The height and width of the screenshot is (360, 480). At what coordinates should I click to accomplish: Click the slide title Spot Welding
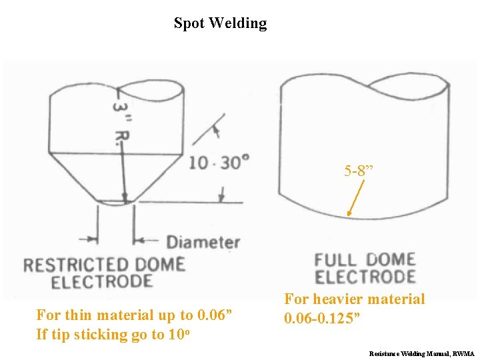(x=220, y=23)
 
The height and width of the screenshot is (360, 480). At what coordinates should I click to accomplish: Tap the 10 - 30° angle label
(x=219, y=162)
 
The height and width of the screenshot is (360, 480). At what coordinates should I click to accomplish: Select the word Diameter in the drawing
(x=203, y=241)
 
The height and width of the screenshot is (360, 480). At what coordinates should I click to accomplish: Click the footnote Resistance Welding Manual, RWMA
(x=421, y=353)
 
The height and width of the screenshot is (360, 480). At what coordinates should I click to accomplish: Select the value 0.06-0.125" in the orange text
(x=323, y=319)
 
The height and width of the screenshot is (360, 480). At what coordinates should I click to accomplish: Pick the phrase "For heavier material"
(x=355, y=299)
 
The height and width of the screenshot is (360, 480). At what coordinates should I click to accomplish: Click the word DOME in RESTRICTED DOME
(x=157, y=265)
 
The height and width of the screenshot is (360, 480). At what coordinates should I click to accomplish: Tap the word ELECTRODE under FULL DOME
(x=365, y=277)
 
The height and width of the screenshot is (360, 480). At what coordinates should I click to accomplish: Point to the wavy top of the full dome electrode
(x=364, y=83)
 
